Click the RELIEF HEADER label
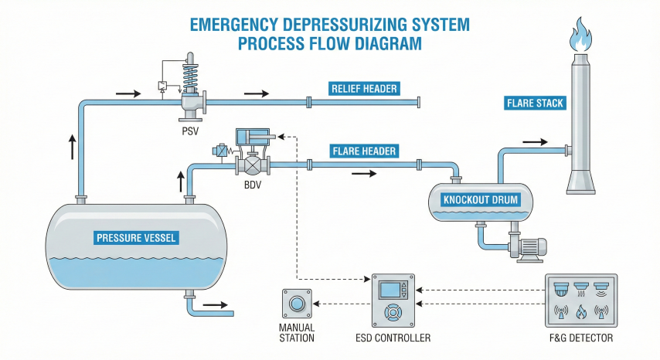coord(364,89)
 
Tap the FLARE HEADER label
coord(364,151)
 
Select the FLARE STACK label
coord(535,103)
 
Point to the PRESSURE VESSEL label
coord(136,237)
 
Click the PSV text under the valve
coord(190,131)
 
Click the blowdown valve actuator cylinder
coord(254,137)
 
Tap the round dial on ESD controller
coord(393,313)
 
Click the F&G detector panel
coord(580,301)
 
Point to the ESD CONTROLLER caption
coord(395,338)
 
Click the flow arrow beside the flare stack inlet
coord(535,142)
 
